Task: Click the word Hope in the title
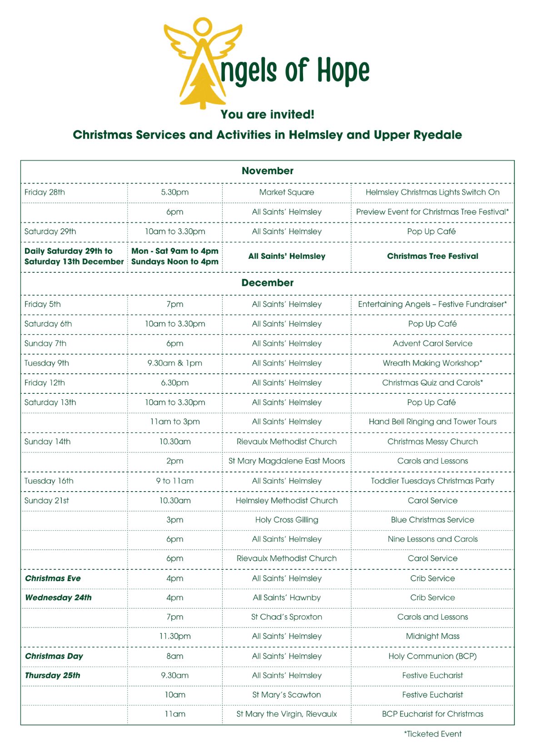[343, 71]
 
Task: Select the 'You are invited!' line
[268, 114]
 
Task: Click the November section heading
[268, 171]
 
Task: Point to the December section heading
[268, 283]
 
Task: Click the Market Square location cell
[287, 192]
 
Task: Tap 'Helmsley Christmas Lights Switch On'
[433, 192]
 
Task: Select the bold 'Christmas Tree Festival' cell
[433, 256]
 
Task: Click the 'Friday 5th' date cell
[43, 304]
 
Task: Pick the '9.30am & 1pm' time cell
[175, 363]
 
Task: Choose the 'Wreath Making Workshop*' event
[433, 363]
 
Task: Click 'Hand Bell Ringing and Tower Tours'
[433, 422]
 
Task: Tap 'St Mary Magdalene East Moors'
[287, 461]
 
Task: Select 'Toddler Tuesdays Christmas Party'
[433, 481]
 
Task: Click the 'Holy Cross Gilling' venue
[287, 520]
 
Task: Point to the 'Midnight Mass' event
[433, 636]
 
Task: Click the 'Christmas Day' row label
[54, 656]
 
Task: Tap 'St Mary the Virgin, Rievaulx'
[287, 714]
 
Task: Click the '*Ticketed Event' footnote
[433, 734]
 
